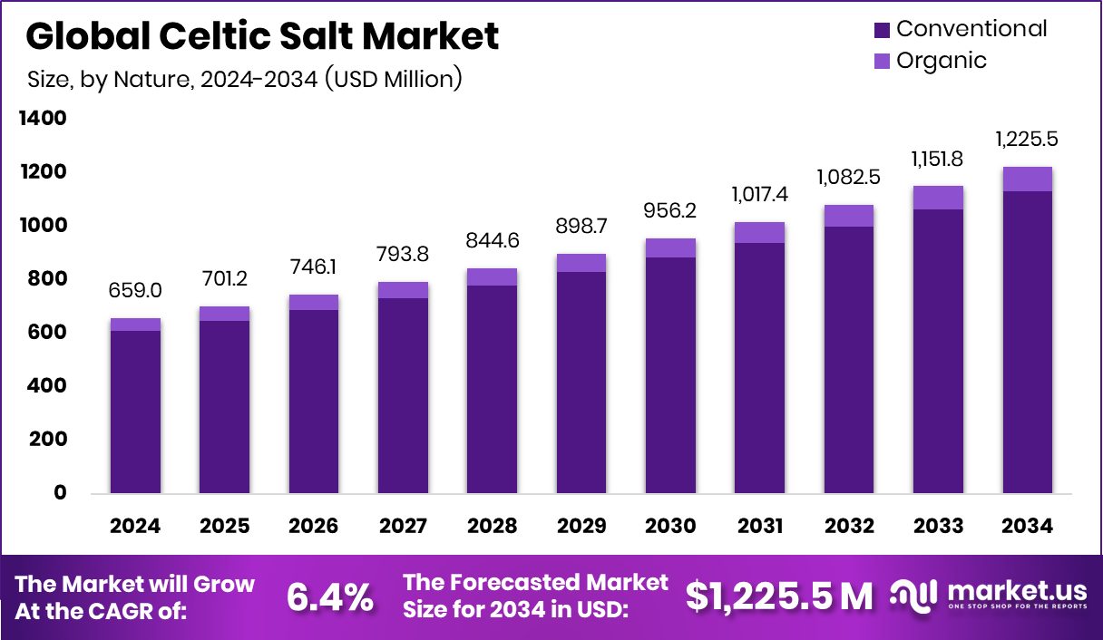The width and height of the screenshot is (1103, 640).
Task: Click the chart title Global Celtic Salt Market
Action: pos(262,36)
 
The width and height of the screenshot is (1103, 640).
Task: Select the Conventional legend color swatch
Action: pos(882,30)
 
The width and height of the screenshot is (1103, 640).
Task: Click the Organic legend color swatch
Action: pos(882,62)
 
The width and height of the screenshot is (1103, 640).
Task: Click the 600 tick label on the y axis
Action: pos(46,333)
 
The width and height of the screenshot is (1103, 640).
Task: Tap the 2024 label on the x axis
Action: pos(135,527)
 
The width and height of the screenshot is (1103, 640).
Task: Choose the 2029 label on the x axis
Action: pos(581,527)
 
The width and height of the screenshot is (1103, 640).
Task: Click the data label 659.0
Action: pos(135,291)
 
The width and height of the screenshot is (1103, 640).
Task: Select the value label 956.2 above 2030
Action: pos(670,210)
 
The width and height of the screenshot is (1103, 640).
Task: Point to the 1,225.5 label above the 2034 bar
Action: pos(1027,140)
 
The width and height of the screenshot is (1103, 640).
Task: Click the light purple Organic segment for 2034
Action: pos(1027,179)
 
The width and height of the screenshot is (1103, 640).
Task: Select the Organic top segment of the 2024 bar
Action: pos(135,325)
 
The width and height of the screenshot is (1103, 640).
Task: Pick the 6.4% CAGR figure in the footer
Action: pos(330,597)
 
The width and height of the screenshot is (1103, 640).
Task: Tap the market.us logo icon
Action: pos(913,596)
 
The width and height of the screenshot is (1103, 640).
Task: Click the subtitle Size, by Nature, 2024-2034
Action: pos(245,79)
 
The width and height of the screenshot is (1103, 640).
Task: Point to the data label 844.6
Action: pos(492,241)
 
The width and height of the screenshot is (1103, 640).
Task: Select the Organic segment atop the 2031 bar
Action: pos(759,233)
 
